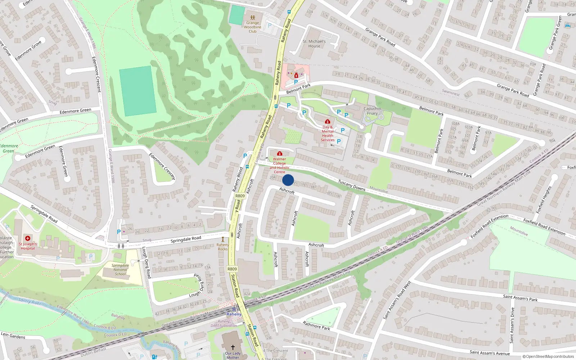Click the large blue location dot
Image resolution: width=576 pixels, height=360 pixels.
click(x=288, y=180)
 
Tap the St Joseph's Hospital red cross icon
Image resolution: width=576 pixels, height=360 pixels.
click(x=28, y=238)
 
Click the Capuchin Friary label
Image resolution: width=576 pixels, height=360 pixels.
click(x=372, y=111)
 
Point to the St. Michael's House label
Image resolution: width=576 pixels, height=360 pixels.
click(x=314, y=44)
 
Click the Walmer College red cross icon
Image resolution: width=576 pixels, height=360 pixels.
click(x=279, y=154)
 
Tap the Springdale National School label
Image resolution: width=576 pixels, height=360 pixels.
click(x=120, y=270)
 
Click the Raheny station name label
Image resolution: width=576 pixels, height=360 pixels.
click(x=234, y=314)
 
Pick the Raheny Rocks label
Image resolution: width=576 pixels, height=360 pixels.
click(x=223, y=247)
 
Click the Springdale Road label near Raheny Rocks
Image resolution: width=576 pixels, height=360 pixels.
click(x=186, y=239)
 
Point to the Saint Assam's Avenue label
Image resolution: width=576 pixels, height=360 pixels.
click(x=490, y=353)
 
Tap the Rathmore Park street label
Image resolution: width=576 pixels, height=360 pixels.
click(x=316, y=325)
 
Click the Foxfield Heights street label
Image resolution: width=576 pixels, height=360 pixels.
click(x=544, y=199)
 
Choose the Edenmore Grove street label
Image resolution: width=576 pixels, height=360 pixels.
click(x=28, y=50)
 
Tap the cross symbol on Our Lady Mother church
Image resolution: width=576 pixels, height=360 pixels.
click(x=233, y=347)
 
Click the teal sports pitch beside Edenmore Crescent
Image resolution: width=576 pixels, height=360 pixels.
click(x=138, y=91)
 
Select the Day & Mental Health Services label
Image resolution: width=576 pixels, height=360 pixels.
click(x=328, y=134)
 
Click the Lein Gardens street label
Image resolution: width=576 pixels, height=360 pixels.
click(x=13, y=335)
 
